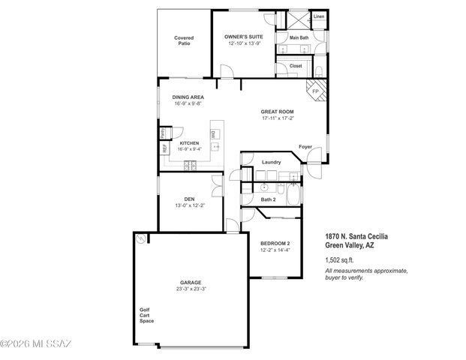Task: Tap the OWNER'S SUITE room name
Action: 244,36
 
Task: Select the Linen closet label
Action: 318,16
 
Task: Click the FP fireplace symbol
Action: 314,91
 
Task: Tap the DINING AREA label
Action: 188,97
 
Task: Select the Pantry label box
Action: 163,133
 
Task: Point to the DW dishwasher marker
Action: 212,133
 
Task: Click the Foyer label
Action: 305,146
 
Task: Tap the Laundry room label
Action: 271,162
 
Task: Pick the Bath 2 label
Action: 269,199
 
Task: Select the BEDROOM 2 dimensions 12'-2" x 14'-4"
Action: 275,250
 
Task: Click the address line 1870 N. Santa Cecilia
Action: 356,237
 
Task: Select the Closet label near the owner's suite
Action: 296,65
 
